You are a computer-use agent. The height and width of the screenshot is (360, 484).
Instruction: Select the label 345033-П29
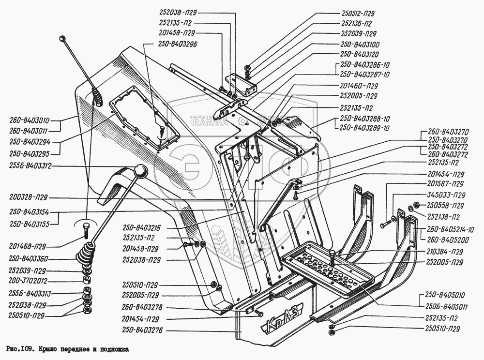[x=446, y=195]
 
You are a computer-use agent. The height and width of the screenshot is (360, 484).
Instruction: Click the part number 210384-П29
[x=445, y=252]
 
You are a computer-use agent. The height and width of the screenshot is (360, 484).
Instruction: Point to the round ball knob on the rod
[x=140, y=171]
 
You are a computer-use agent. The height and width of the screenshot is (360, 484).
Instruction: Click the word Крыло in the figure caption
[x=50, y=348]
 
